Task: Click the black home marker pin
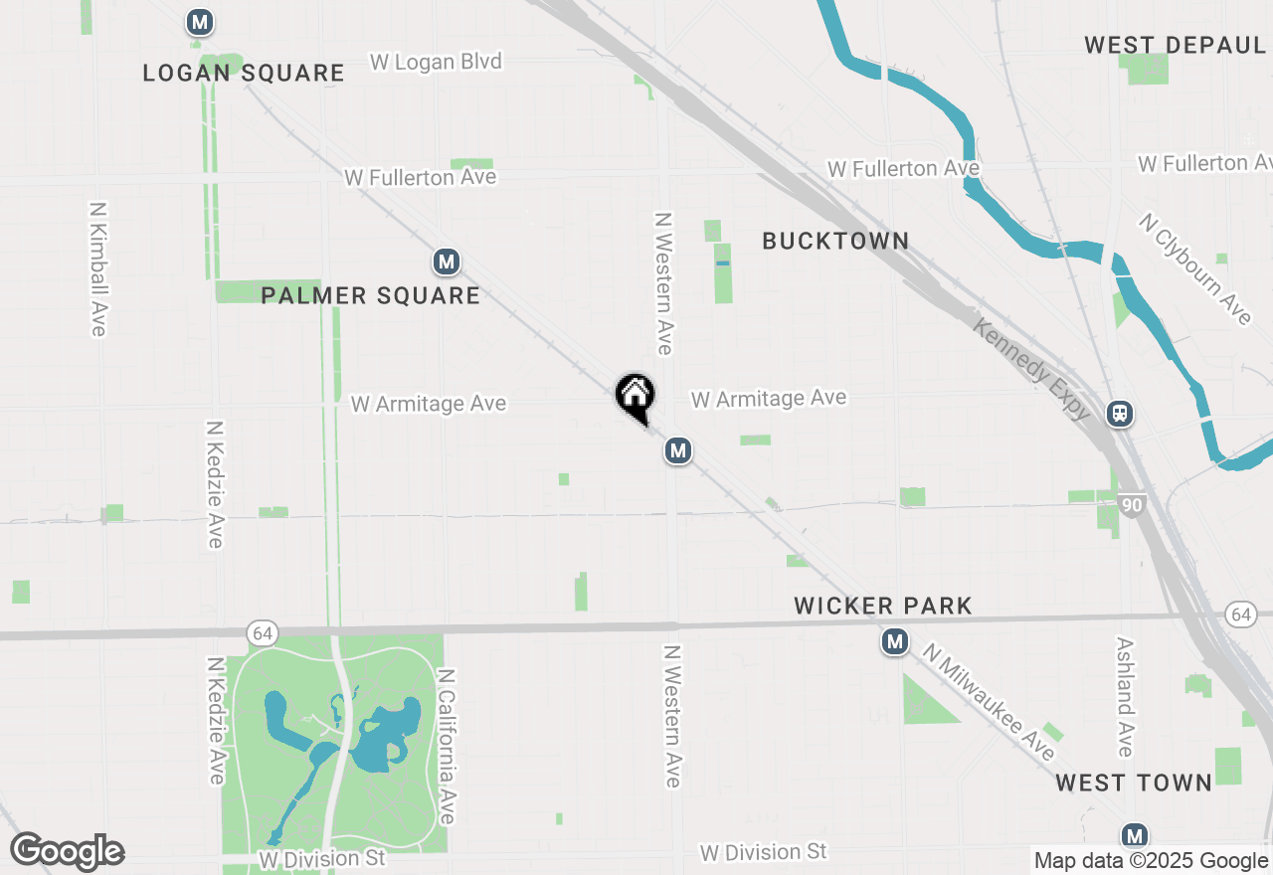click(x=635, y=397)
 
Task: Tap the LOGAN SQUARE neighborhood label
click(x=244, y=73)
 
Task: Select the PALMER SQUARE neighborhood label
click(x=370, y=295)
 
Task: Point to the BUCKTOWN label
click(x=835, y=241)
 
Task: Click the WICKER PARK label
click(x=883, y=606)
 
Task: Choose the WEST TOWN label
click(x=1134, y=783)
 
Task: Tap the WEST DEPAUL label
click(x=1175, y=45)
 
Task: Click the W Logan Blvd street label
click(x=436, y=62)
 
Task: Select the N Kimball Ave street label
click(x=97, y=269)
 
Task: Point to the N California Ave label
click(x=447, y=746)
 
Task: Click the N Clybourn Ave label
click(x=1195, y=268)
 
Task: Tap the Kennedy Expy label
click(x=1031, y=369)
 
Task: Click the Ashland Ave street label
click(x=1125, y=697)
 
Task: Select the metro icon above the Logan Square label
click(x=200, y=22)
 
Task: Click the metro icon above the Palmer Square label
click(x=446, y=262)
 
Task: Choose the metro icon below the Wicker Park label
click(x=895, y=642)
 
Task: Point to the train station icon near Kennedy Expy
click(x=1120, y=413)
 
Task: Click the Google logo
click(x=67, y=852)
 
